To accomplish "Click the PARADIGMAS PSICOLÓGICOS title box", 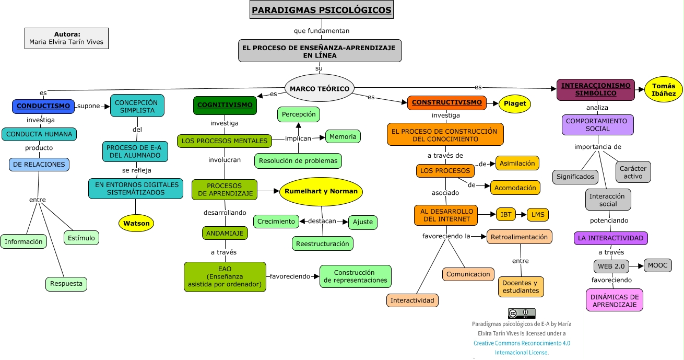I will coord(321,10).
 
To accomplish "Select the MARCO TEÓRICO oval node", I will coord(320,88).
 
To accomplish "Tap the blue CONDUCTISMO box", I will coord(43,106).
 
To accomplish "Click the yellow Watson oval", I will coord(137,223).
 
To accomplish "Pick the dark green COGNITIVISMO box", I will coord(225,105).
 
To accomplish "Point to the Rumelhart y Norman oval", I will coord(321,191).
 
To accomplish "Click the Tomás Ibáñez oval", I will coord(663,90).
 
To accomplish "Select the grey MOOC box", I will coord(657,265).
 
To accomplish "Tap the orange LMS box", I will coord(538,215).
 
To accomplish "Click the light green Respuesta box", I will coord(66,284).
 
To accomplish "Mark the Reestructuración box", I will coord(322,243).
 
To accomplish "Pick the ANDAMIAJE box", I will coord(225,233).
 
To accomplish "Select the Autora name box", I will coord(66,38).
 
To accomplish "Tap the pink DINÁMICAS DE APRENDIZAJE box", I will coord(615,300).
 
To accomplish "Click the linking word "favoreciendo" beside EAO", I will coord(290,276).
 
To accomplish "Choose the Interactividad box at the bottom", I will coord(412,300).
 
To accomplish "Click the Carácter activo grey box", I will coord(633,172).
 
